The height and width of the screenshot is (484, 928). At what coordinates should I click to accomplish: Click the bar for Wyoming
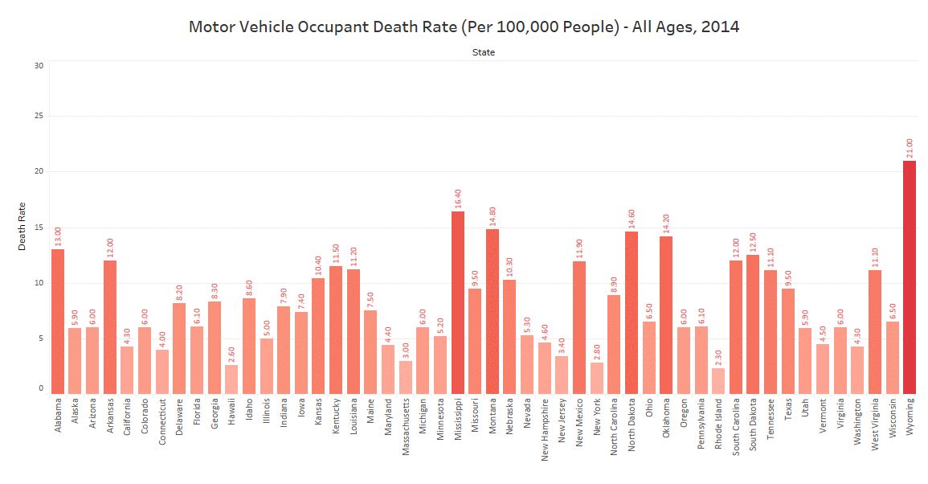910,277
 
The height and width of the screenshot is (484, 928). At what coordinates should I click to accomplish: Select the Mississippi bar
458,302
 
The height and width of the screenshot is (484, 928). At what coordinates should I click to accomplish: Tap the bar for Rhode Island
718,380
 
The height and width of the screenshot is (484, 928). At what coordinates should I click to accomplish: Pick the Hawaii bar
231,379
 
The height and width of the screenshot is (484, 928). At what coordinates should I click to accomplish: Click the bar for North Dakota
632,312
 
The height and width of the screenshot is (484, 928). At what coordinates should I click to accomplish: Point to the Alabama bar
58,321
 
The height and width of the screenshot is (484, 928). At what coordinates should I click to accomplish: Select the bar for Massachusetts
406,376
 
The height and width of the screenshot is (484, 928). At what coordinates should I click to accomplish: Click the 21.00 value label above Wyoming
910,148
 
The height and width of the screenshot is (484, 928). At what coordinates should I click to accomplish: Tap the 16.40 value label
458,199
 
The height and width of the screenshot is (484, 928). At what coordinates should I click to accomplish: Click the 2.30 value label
718,355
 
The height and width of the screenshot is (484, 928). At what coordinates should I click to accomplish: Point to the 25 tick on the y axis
39,116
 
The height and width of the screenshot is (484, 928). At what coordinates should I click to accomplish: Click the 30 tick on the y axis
39,66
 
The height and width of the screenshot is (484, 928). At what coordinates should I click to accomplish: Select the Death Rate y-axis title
22,226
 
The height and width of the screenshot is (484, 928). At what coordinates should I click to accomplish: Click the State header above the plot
484,52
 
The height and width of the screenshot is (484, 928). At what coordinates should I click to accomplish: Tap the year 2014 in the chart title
720,27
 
